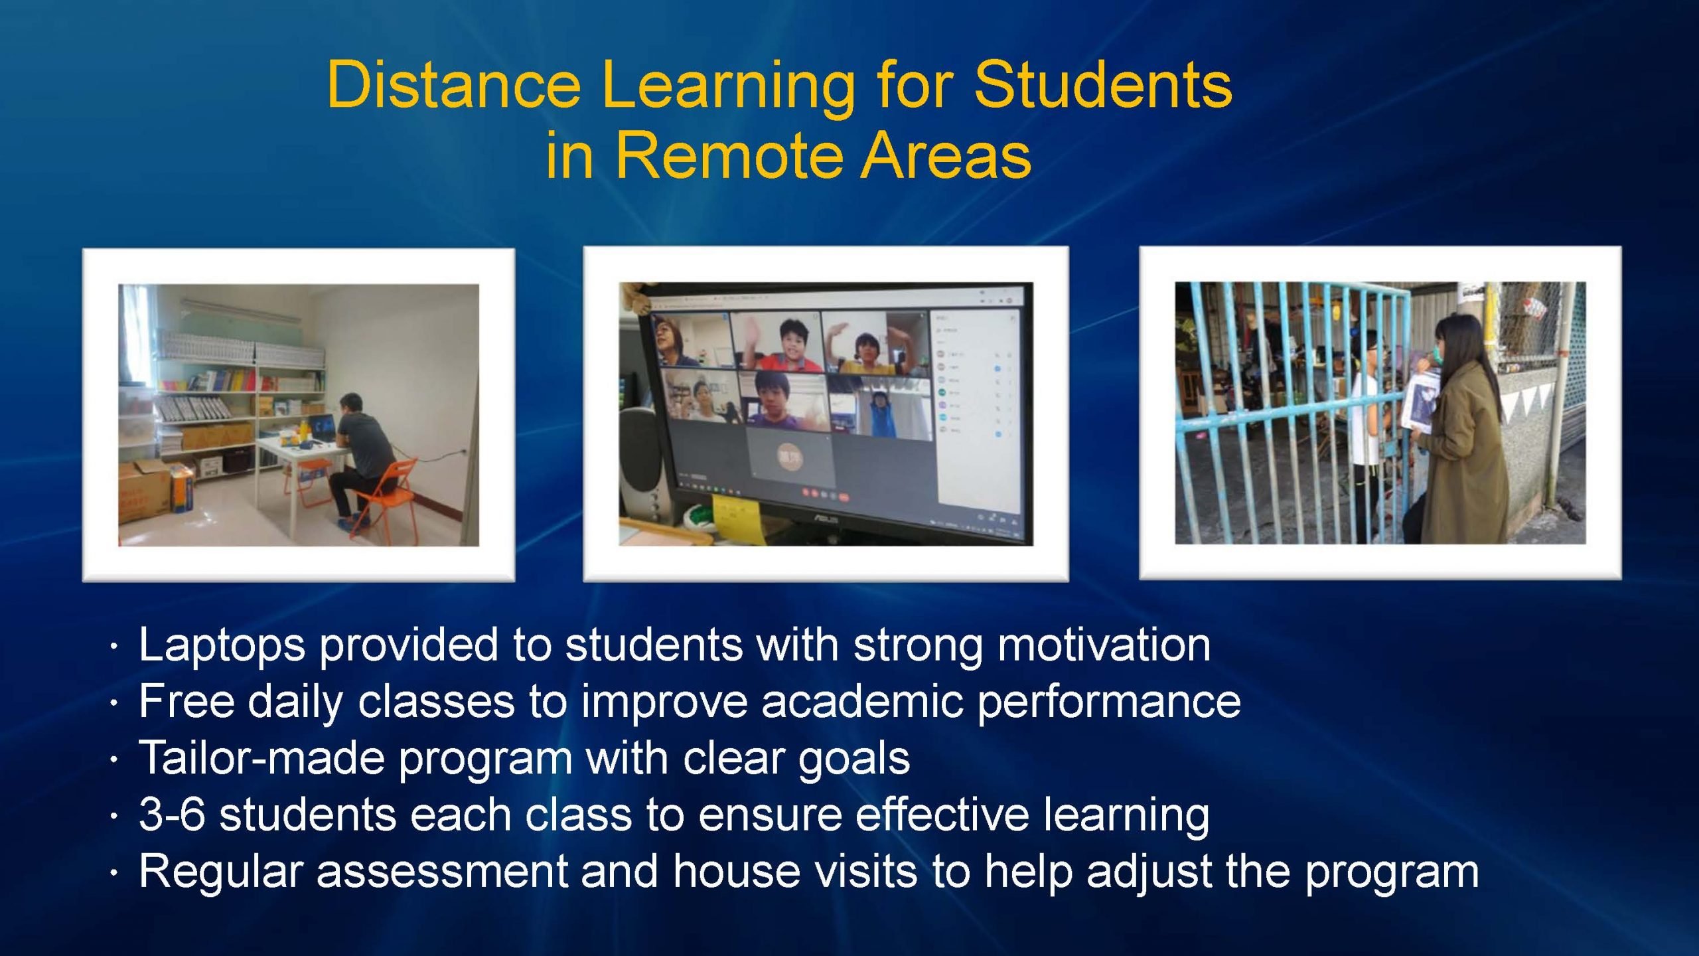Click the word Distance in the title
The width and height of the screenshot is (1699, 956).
pos(454,84)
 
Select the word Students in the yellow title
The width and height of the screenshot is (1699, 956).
pos(1103,84)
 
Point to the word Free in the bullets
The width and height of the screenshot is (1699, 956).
pos(186,701)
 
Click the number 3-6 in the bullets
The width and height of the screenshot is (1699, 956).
pos(172,814)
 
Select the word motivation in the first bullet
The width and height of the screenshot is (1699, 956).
pos(1105,645)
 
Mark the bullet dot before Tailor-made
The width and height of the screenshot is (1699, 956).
pos(115,759)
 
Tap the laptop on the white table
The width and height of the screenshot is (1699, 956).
pos(321,428)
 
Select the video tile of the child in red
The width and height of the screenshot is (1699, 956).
pos(778,340)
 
